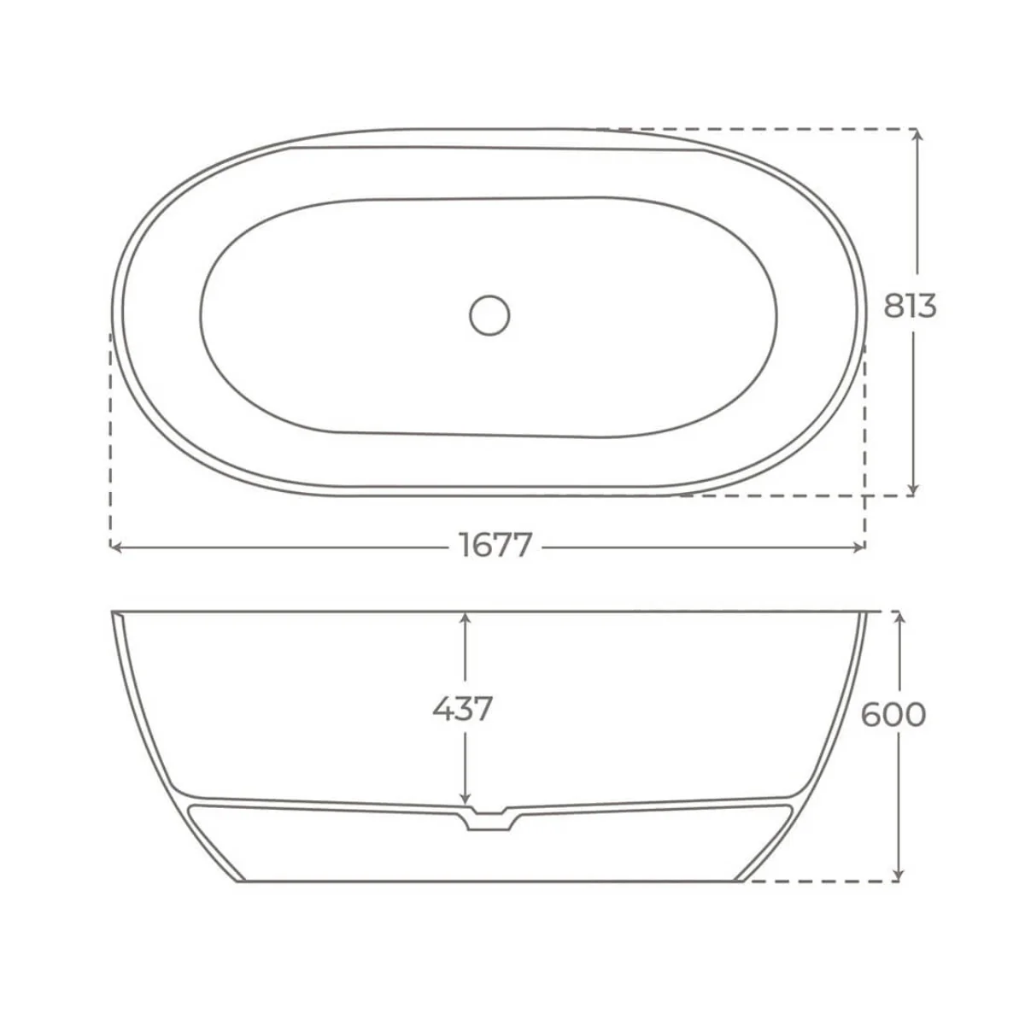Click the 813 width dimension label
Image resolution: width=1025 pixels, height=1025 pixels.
click(x=910, y=306)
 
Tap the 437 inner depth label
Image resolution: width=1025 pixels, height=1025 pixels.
click(x=462, y=709)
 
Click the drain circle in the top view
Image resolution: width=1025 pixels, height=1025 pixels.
click(x=489, y=315)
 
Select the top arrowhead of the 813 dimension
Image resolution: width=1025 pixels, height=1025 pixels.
click(x=917, y=135)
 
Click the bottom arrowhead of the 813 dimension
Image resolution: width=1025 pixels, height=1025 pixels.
click(x=913, y=489)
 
